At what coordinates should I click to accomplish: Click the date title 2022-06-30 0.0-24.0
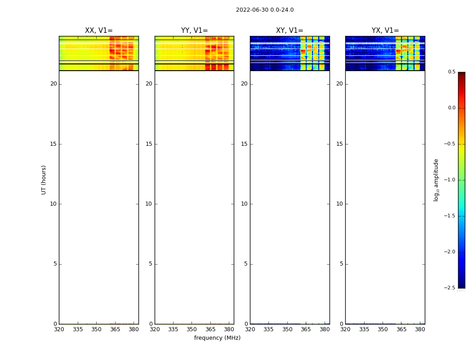click(x=265, y=10)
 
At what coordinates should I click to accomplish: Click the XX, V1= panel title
click(x=99, y=31)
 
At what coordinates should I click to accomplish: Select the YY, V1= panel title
click(x=194, y=31)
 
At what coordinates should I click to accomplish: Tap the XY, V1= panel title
click(x=289, y=31)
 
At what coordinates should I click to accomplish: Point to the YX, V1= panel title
click(x=385, y=31)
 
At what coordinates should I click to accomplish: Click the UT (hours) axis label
click(x=44, y=180)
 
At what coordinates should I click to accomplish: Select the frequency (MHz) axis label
click(x=217, y=338)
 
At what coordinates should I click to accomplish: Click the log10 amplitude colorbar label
click(x=436, y=180)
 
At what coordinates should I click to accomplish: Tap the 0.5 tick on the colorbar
click(x=451, y=72)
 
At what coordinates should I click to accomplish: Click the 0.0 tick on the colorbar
click(x=451, y=108)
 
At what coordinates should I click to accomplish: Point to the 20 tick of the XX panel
click(x=53, y=84)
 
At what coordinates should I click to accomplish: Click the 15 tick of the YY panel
click(x=149, y=144)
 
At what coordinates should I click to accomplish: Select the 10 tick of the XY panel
click(x=244, y=204)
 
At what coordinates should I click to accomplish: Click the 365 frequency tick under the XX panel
click(x=115, y=329)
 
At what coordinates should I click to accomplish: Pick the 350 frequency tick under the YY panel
click(x=192, y=329)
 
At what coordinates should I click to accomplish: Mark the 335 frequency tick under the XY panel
click(x=268, y=329)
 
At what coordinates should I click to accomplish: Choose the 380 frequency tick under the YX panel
click(x=420, y=329)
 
